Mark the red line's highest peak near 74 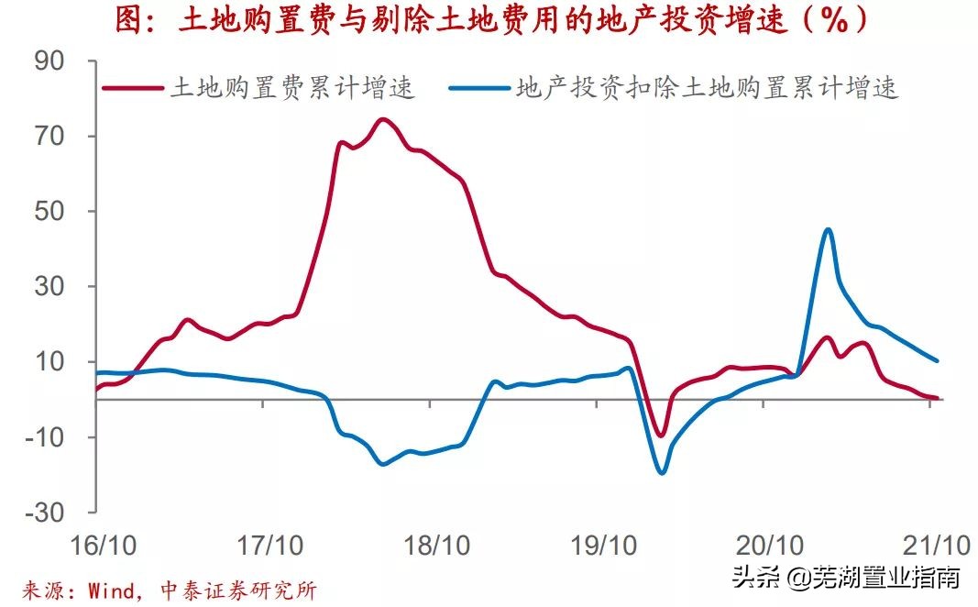click(x=383, y=119)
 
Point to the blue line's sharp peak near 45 click(x=828, y=229)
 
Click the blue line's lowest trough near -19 click(x=661, y=472)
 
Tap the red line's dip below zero click(x=660, y=435)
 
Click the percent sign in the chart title click(x=833, y=21)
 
